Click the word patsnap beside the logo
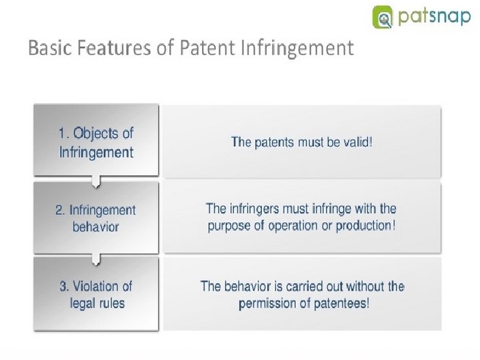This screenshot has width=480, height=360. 435,17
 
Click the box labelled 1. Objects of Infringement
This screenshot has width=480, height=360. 97,141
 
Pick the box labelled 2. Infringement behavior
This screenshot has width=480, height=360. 97,217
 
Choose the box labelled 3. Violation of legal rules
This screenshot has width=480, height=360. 97,294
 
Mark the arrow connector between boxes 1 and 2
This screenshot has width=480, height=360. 97,181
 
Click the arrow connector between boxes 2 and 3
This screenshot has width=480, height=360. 97,257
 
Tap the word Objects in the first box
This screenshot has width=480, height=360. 97,133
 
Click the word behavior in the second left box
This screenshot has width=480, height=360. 96,227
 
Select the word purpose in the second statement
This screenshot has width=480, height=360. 231,225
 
